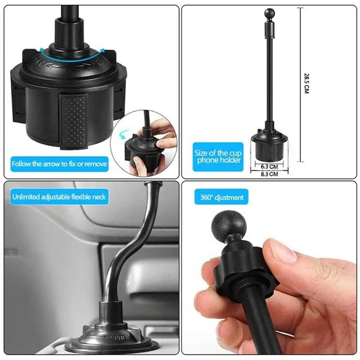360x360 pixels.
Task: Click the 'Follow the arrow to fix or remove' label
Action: click(x=59, y=164)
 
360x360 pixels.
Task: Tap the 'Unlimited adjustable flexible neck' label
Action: click(x=59, y=197)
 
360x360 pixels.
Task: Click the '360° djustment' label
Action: click(x=222, y=197)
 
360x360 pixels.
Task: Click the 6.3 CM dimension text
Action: click(x=269, y=167)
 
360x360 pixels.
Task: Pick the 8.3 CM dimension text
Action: click(x=269, y=174)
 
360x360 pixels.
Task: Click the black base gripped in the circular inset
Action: click(x=140, y=153)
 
